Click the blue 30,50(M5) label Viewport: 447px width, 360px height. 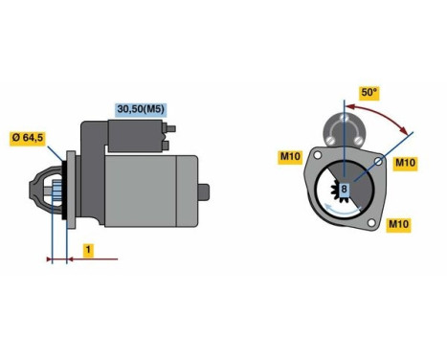tap(141, 109)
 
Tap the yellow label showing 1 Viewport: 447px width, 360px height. tap(87, 250)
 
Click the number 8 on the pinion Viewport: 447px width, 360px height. tap(344, 191)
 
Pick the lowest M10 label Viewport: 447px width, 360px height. tap(398, 225)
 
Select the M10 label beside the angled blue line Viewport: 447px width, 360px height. tap(406, 163)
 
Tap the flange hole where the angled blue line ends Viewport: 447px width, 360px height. tap(380, 163)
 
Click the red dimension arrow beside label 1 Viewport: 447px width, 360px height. tap(96, 259)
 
